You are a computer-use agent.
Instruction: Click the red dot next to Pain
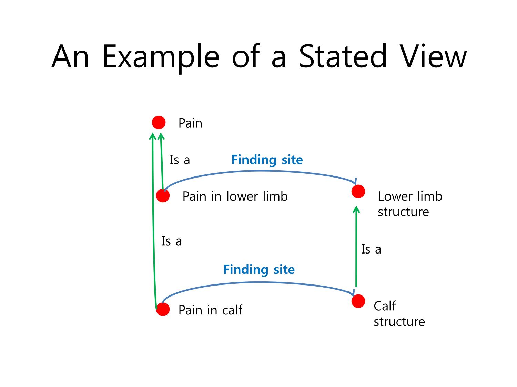[x=159, y=122]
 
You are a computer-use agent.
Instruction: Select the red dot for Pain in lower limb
[x=163, y=195]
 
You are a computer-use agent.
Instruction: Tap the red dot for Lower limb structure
[x=358, y=191]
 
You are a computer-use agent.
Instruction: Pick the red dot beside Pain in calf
[x=163, y=309]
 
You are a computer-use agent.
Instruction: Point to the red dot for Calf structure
[x=358, y=301]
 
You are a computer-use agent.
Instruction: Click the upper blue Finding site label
[x=267, y=160]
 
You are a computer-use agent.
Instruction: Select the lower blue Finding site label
[x=258, y=269]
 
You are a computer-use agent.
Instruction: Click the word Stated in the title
[x=343, y=56]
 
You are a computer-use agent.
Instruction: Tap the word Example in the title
[x=161, y=58]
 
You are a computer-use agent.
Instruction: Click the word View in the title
[x=433, y=56]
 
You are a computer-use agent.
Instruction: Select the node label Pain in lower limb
[x=235, y=196]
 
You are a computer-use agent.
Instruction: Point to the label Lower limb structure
[x=410, y=204]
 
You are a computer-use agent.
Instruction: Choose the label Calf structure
[x=399, y=313]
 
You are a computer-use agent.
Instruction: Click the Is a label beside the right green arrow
[x=371, y=249]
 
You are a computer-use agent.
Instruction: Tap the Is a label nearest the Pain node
[x=180, y=160]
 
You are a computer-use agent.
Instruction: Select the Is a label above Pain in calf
[x=171, y=241]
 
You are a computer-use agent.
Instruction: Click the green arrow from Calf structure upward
[x=356, y=246]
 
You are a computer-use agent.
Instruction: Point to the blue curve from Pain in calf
[x=258, y=282]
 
